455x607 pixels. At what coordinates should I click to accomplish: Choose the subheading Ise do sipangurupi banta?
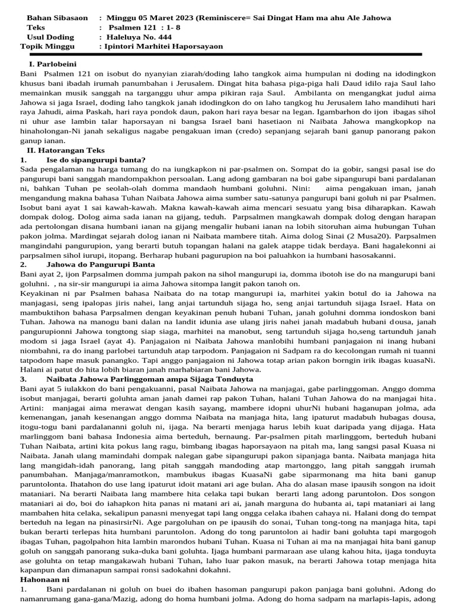[x=95, y=159]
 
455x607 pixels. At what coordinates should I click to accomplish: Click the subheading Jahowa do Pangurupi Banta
[x=100, y=264]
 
